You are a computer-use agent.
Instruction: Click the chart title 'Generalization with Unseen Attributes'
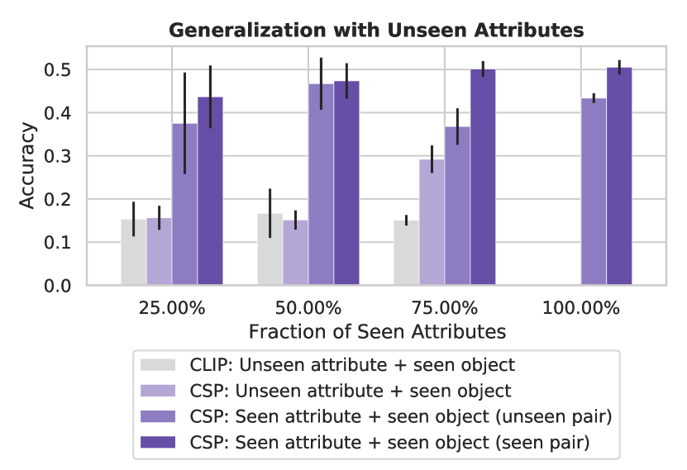coord(376,31)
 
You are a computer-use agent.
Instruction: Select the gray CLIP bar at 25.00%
coord(133,252)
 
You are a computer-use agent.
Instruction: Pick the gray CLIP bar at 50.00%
coord(270,249)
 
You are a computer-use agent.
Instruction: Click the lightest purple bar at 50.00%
coord(295,253)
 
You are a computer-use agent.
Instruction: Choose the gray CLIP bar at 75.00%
coord(406,253)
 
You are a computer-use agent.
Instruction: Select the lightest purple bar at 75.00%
coord(432,223)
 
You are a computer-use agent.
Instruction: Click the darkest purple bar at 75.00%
coord(483,178)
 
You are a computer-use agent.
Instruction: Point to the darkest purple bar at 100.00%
coord(619,177)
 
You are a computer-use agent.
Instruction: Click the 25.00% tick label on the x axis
coord(171,309)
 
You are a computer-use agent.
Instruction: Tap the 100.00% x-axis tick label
coord(581,309)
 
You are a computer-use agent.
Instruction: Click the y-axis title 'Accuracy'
coord(28,165)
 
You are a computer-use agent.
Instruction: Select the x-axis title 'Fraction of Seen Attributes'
coord(376,331)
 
